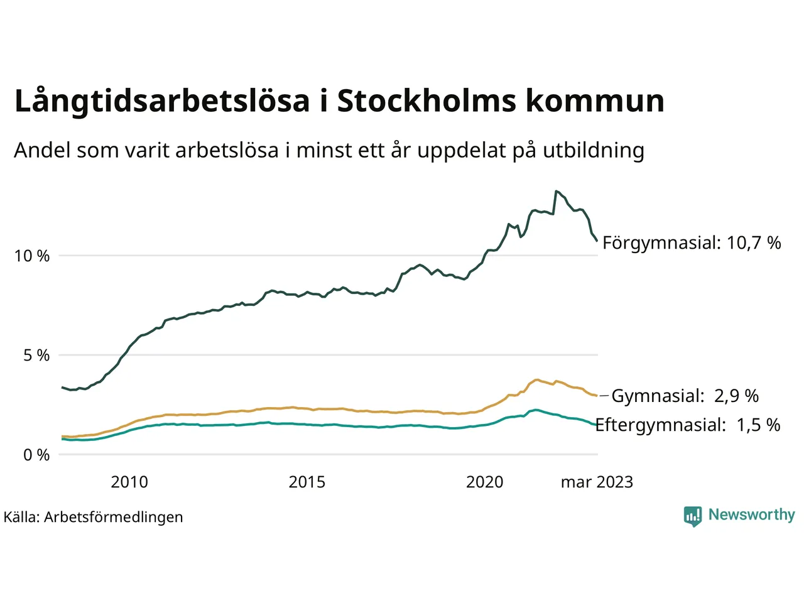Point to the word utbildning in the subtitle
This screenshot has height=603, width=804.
[594, 151]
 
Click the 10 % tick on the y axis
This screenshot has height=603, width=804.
[32, 256]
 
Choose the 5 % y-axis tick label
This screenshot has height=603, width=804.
[36, 356]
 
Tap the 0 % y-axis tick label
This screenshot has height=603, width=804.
[36, 455]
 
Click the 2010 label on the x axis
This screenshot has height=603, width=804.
[129, 482]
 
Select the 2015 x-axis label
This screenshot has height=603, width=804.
[307, 482]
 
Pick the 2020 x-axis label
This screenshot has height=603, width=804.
[484, 482]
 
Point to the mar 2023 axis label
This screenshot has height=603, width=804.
[597, 482]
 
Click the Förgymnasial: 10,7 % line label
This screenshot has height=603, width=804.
[692, 243]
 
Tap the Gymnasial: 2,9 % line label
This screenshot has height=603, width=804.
[685, 396]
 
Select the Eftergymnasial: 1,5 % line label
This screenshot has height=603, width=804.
[687, 425]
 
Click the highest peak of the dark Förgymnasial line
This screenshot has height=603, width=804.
[557, 191]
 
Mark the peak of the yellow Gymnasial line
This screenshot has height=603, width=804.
[537, 380]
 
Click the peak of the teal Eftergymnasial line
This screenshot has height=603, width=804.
[535, 410]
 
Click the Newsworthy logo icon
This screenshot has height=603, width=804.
[692, 516]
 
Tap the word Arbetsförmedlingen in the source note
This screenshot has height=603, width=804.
[114, 518]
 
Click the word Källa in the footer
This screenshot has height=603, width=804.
[21, 518]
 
